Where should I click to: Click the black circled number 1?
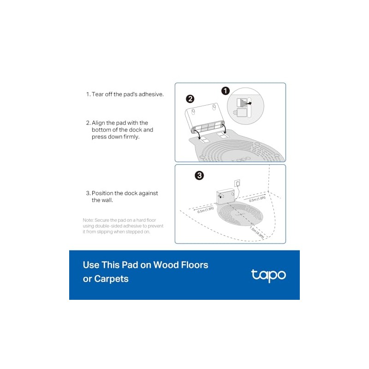[226, 91]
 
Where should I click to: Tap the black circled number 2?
[190, 99]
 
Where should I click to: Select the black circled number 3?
[199, 175]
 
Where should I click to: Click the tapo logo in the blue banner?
[268, 275]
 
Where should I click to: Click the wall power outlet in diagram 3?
[237, 184]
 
